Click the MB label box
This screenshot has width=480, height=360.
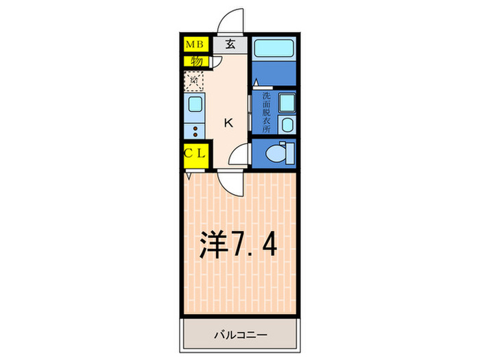coord(195,45)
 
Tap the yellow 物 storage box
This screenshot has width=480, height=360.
coord(195,61)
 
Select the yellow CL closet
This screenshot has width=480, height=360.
coord(195,153)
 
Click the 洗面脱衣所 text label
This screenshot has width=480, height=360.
coord(265,112)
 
